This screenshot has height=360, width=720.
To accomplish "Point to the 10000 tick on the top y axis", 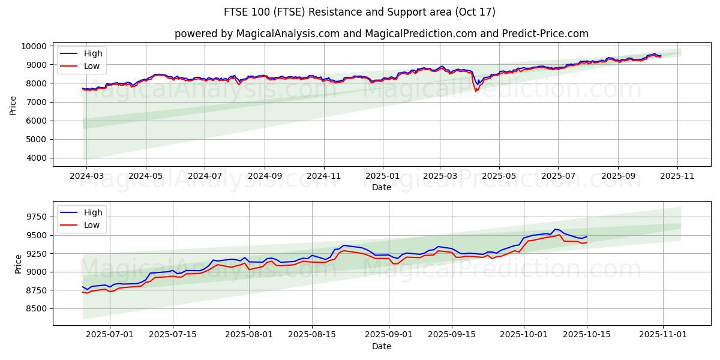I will coord(34,46).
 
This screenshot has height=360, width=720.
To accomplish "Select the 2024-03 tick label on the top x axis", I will coord(86,176).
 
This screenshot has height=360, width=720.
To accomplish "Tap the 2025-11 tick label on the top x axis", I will coord(677,176).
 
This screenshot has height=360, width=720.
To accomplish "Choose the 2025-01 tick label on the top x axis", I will coord(382,176).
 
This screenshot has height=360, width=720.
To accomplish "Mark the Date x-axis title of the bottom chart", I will coord(382,347).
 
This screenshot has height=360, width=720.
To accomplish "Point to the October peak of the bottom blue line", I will coord(556,229).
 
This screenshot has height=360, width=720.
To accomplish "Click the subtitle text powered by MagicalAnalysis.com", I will coord(382,34).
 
